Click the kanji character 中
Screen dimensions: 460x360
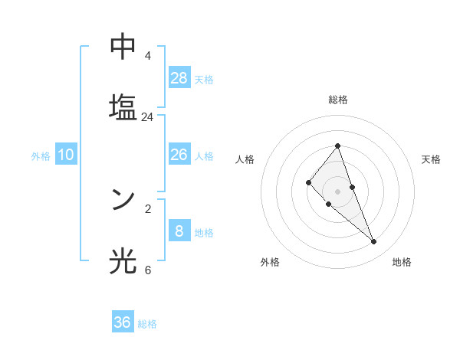[123, 47]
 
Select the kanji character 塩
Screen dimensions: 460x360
[123, 108]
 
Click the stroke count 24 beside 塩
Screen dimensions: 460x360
[147, 117]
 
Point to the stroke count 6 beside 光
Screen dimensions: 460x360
[147, 270]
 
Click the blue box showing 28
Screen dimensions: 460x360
[179, 77]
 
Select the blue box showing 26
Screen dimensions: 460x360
[179, 155]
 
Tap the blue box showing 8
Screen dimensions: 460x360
[179, 231]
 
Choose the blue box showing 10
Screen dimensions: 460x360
[66, 155]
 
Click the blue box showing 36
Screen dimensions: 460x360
[123, 322]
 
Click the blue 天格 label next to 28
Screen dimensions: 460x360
[204, 79]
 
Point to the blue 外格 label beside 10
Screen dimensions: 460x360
[41, 156]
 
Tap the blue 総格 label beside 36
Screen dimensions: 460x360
[147, 324]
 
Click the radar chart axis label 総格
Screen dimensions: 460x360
[337, 100]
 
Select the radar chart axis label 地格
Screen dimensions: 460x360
[402, 262]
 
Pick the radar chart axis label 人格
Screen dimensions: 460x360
[245, 159]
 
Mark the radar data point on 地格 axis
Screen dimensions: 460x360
[374, 242]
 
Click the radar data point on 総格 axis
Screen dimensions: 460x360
[337, 146]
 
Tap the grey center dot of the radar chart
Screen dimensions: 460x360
[337, 191]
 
